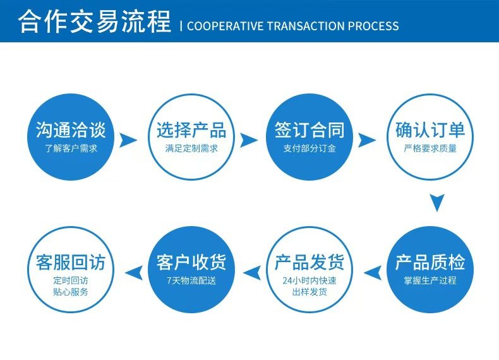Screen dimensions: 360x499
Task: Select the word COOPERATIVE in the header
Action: pos(224,26)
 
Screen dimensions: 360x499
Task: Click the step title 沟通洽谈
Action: pos(71,131)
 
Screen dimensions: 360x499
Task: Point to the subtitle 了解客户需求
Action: pos(71,149)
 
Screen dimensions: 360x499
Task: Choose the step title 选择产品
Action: pos(191,131)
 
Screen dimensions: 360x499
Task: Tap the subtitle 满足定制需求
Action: pos(191,149)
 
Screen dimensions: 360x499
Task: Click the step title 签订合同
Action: pos(310,131)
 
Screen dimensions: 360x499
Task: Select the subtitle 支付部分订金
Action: pos(310,149)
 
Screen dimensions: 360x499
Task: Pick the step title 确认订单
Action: pos(430,131)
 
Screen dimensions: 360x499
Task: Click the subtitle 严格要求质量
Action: pos(430,149)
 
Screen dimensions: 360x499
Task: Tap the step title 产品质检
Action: pos(430,262)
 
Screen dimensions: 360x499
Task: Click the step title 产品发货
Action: pos(310,262)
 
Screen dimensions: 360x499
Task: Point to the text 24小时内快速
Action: pos(310,280)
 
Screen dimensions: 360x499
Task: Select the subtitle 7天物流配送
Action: pos(191,280)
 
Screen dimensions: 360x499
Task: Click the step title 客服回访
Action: pos(71,262)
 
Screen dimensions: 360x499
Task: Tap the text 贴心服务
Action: pos(71,292)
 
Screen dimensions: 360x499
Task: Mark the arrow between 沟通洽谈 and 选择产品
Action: pos(129,140)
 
